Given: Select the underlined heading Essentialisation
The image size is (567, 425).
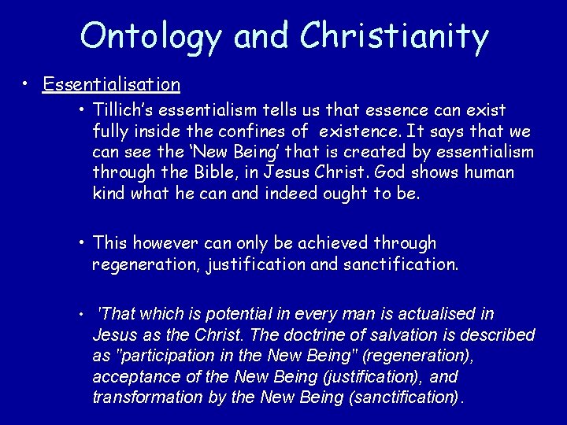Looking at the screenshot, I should [x=112, y=83].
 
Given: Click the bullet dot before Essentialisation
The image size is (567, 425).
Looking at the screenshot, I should [x=27, y=83].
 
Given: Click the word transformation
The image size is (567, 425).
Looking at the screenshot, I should [x=146, y=397].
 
